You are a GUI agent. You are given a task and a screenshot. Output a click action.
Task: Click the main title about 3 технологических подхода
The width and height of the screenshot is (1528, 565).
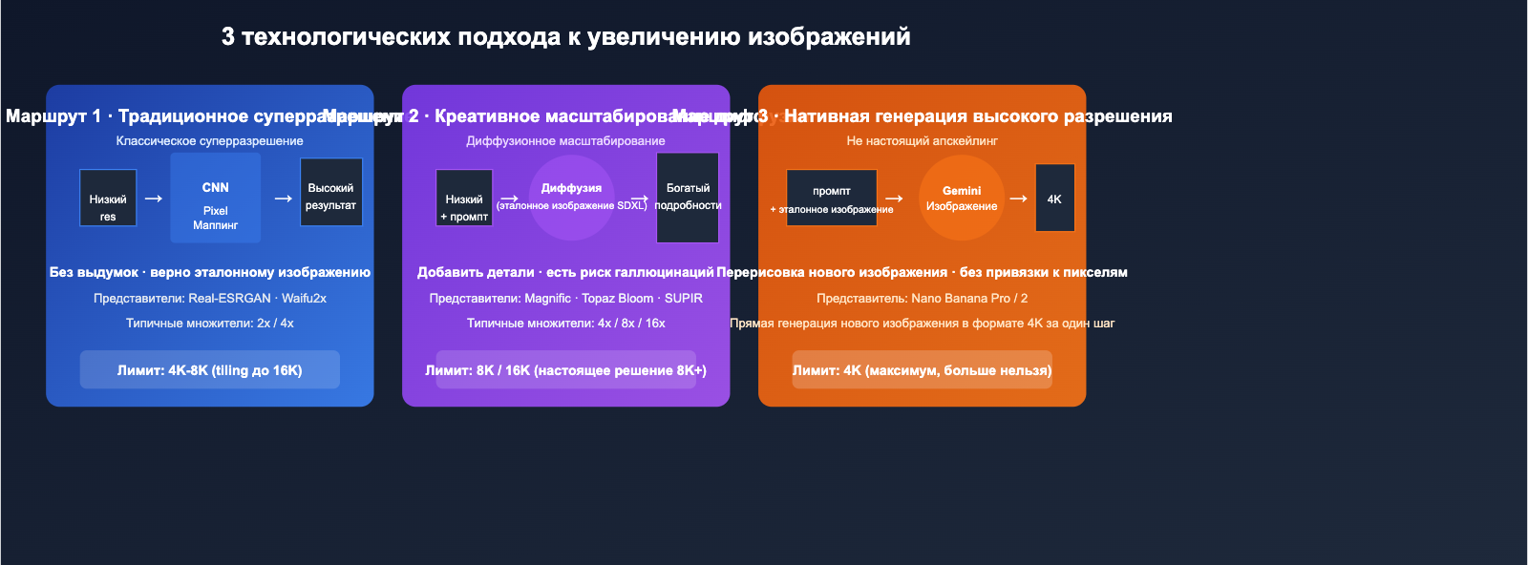pyautogui.click(x=565, y=37)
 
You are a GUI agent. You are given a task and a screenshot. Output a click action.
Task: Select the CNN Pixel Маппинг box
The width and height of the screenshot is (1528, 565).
pyautogui.click(x=216, y=199)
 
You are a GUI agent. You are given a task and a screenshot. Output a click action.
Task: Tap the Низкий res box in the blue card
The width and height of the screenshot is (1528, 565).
pyautogui.click(x=108, y=198)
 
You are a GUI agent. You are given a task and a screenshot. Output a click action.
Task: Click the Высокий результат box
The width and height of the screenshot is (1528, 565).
pyautogui.click(x=331, y=192)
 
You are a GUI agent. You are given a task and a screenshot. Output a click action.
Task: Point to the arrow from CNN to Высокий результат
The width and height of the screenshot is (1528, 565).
pyautogui.click(x=283, y=199)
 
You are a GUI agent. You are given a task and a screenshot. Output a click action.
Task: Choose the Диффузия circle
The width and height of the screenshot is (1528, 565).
pyautogui.click(x=571, y=198)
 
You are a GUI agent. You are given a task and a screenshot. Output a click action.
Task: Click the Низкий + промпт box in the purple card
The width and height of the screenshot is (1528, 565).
pyautogui.click(x=464, y=198)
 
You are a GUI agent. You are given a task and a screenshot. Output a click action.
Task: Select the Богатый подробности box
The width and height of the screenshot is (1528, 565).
pyautogui.click(x=688, y=198)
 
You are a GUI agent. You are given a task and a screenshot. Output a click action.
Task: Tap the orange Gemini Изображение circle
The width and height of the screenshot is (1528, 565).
pyautogui.click(x=962, y=198)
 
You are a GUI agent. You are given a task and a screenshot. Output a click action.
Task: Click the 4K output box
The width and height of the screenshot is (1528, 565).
pyautogui.click(x=1054, y=198)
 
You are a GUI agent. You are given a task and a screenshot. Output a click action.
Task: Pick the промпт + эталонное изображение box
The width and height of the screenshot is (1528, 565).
pyautogui.click(x=832, y=198)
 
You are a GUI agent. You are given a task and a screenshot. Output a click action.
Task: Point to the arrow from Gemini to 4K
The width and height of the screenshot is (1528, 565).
pyautogui.click(x=1019, y=199)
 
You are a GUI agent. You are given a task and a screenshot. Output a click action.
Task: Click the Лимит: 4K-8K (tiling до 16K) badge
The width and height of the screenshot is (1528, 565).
pyautogui.click(x=210, y=370)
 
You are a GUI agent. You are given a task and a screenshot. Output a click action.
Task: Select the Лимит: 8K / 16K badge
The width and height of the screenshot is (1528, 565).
pyautogui.click(x=566, y=370)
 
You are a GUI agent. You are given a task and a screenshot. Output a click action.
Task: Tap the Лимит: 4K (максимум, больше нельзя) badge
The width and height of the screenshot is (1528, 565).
pyautogui.click(x=922, y=370)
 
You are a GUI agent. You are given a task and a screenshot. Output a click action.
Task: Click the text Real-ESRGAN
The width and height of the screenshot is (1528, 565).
pyautogui.click(x=230, y=299)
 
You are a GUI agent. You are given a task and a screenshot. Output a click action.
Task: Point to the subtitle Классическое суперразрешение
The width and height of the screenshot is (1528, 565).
pyautogui.click(x=210, y=141)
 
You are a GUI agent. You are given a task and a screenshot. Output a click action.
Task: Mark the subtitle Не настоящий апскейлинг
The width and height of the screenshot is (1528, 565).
pyautogui.click(x=922, y=141)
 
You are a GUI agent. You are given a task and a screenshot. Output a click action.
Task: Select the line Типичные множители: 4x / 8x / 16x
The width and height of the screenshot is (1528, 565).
pyautogui.click(x=566, y=324)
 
